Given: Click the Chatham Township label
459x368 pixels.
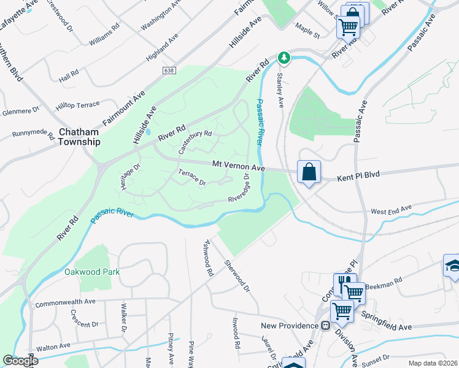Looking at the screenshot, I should (80, 136).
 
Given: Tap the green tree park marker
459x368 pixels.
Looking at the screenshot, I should (283, 58).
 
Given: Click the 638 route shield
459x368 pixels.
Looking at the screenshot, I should (169, 71).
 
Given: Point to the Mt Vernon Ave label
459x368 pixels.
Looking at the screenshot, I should (238, 166).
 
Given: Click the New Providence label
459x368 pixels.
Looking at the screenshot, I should (287, 325).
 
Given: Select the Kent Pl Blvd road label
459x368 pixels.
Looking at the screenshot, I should (359, 175).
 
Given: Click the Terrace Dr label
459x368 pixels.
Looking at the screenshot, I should (192, 178).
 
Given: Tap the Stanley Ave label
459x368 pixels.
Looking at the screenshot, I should (280, 90).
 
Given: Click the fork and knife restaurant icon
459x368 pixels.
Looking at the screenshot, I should (345, 283).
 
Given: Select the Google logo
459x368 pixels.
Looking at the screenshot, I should (20, 361).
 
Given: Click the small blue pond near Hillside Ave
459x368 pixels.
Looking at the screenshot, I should (147, 132).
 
